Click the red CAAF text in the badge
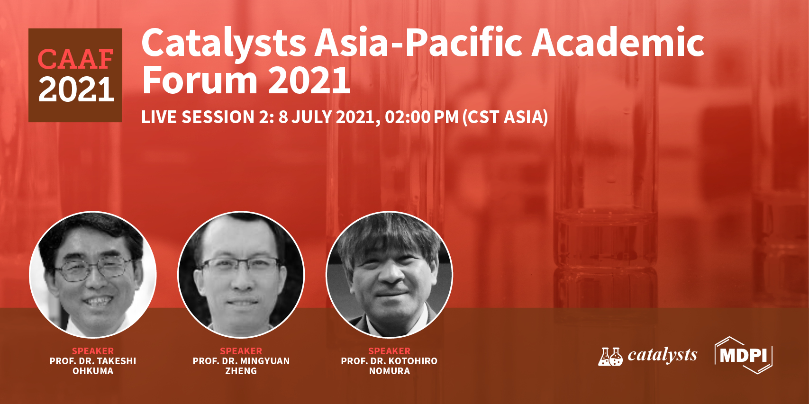coord(75,59)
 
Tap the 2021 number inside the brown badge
coord(76,90)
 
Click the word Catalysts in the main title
coord(224,43)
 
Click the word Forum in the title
coord(200,80)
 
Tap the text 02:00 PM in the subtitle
coord(421,117)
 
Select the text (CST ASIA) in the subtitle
coord(505,117)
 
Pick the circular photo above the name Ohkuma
coord(93,275)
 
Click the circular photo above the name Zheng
coord(241,275)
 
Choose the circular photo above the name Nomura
coord(389,275)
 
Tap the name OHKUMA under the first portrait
coord(93,371)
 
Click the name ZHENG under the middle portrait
coord(241,371)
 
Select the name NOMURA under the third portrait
coord(389,371)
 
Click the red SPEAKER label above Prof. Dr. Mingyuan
coord(241,351)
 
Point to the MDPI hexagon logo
coord(744,355)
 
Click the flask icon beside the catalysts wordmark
coord(610,357)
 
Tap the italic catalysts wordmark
coord(663,355)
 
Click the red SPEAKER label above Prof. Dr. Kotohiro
coord(389,351)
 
